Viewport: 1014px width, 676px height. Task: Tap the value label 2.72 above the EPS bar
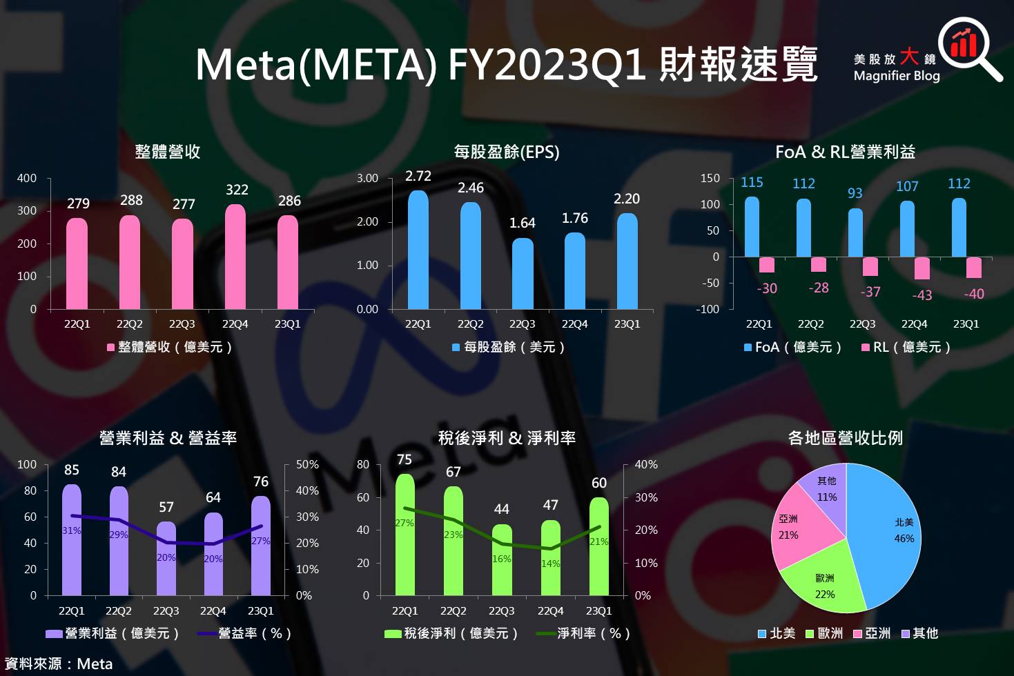[418, 177]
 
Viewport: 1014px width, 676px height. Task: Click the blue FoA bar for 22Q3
[855, 232]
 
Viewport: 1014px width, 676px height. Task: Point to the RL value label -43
[922, 295]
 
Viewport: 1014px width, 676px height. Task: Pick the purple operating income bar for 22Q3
[166, 559]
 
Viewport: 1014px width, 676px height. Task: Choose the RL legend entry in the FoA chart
[906, 347]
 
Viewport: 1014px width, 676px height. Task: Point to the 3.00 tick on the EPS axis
[367, 178]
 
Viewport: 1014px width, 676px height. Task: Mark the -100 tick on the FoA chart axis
[708, 309]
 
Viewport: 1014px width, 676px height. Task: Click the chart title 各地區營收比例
[845, 438]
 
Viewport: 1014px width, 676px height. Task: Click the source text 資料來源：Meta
[59, 664]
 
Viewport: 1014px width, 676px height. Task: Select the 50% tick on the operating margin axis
[307, 465]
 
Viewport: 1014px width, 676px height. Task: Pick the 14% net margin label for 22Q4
[550, 564]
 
